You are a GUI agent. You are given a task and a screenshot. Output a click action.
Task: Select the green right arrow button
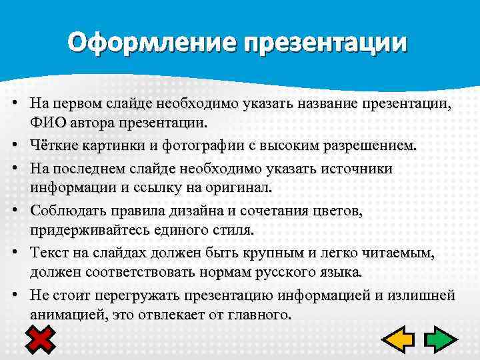click(439, 339)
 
